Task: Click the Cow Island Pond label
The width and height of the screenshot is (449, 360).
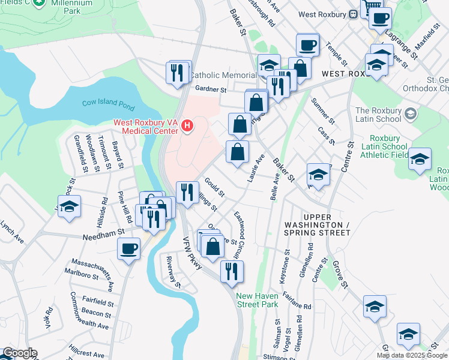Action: pyautogui.click(x=109, y=104)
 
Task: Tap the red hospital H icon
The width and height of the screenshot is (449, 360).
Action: pyautogui.click(x=188, y=125)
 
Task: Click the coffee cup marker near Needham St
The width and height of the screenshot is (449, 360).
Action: pyautogui.click(x=128, y=248)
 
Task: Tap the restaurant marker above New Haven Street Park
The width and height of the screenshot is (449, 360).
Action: pyautogui.click(x=231, y=271)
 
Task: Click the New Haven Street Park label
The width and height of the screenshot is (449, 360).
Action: pyautogui.click(x=258, y=300)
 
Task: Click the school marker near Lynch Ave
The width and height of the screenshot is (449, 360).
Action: pyautogui.click(x=70, y=206)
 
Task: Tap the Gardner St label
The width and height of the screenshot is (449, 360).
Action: pyautogui.click(x=210, y=89)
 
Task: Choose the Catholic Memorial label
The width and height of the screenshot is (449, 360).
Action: pyautogui.click(x=223, y=76)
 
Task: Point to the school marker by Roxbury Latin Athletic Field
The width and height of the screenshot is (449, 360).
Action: pyautogui.click(x=420, y=158)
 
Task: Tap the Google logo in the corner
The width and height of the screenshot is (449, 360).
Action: pyautogui.click(x=19, y=353)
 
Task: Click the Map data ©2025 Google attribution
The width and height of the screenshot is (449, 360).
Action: pyautogui.click(x=412, y=355)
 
